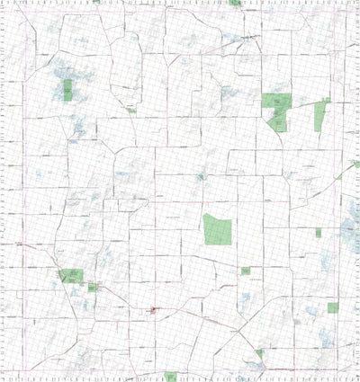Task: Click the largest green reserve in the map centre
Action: tap(217, 230)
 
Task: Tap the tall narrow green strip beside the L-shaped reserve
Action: tap(319, 116)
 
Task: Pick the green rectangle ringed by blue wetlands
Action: tap(67, 89)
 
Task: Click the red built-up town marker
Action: tap(156, 312)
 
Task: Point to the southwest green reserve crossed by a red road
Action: tap(70, 275)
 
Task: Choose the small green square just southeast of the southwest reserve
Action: tap(91, 287)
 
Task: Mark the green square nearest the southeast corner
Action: tap(332, 307)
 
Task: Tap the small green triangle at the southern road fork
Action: tap(259, 353)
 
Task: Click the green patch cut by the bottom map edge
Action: tap(170, 377)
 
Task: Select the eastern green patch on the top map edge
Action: tap(235, 3)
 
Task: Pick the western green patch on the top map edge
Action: tap(95, 2)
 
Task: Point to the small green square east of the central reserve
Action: tap(318, 233)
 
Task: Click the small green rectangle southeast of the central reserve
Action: tap(245, 271)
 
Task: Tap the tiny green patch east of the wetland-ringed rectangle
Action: tap(131, 111)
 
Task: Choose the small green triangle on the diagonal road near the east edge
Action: tap(339, 176)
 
